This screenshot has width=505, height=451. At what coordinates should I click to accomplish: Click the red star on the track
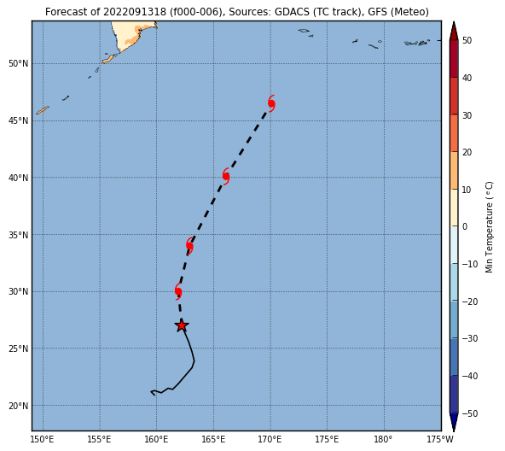pos(182,325)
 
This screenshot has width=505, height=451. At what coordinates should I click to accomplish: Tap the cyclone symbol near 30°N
pos(178,291)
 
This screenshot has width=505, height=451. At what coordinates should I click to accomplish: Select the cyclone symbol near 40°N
pos(226,176)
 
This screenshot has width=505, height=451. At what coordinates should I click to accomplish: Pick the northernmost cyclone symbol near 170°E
pos(271,103)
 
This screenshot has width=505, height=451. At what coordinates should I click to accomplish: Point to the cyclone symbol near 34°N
pos(189,245)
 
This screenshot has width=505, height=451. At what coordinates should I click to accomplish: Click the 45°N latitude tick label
pos(19,121)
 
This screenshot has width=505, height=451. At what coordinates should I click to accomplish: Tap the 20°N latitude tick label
pos(19,406)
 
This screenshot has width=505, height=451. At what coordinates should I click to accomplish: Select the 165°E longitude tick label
pos(213,439)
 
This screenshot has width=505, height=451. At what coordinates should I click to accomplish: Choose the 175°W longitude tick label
pos(440,439)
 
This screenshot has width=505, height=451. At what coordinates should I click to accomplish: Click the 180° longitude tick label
pos(383,439)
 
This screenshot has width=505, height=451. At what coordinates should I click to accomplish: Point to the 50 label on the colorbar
pos(467,40)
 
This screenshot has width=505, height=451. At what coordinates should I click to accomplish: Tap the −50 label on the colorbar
pos(470,413)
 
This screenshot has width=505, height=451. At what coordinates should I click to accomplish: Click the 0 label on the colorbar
pos(465,227)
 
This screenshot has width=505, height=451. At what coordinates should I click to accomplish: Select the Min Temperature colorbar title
pos(489,227)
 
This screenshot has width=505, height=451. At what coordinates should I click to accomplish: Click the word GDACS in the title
pos(292,12)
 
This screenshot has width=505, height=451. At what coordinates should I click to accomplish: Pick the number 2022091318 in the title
pos(135,12)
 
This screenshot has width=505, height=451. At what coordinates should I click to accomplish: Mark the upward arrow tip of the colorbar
pos(454,22)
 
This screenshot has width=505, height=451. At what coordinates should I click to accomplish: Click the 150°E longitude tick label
pos(44,439)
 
